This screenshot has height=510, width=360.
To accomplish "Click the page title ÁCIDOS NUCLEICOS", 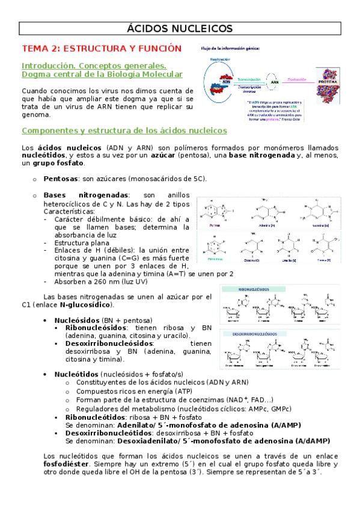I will point(180,28).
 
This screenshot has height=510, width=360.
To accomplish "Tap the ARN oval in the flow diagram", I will point(275,82).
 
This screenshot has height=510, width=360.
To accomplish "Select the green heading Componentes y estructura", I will point(124,131).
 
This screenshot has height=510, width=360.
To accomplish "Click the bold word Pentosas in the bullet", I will point(61,179).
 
